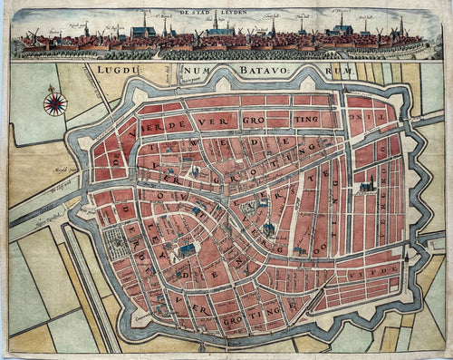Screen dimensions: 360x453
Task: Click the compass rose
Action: tap(55, 103)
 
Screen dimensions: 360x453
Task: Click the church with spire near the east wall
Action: tap(367, 186)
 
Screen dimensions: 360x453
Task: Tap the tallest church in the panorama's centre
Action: tap(216, 24)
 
